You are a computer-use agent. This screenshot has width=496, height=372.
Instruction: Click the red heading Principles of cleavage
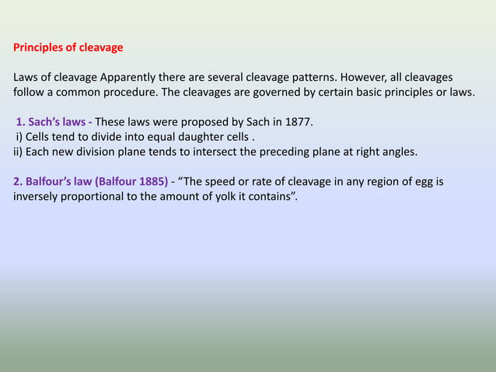(x=68, y=47)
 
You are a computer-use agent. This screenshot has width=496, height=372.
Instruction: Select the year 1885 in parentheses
(x=150, y=181)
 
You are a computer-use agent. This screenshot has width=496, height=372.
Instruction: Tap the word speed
(x=226, y=181)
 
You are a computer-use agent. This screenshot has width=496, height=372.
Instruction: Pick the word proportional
(x=103, y=196)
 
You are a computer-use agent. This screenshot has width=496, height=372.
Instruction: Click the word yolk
(x=225, y=196)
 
